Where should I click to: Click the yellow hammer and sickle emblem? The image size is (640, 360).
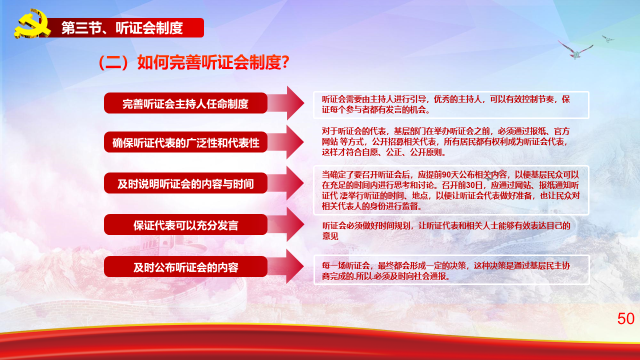click(x=32, y=23)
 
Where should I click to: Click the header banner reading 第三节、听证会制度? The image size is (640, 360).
click(x=123, y=27)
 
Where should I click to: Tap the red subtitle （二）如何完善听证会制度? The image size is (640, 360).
click(x=193, y=62)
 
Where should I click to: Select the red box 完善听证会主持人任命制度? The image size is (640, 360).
click(x=185, y=103)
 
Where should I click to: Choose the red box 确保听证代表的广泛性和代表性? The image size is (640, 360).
click(x=185, y=142)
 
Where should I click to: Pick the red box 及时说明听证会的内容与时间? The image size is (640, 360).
click(x=185, y=183)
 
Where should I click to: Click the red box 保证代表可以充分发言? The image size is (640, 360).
click(x=185, y=225)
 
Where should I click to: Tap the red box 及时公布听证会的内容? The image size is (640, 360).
click(x=185, y=266)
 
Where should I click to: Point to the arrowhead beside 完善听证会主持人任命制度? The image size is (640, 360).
click(x=295, y=103)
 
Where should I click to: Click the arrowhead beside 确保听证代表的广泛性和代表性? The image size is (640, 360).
click(x=295, y=142)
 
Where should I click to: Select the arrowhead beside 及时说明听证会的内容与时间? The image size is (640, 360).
click(x=295, y=183)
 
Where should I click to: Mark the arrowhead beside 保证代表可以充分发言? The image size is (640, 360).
click(x=295, y=224)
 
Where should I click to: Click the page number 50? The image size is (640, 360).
click(x=625, y=318)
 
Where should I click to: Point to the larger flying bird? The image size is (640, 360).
click(x=575, y=50)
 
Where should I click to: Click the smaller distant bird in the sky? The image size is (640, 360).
click(x=607, y=38)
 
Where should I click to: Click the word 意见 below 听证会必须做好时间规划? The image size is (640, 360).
click(x=330, y=236)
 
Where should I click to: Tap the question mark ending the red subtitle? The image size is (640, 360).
click(x=286, y=62)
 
